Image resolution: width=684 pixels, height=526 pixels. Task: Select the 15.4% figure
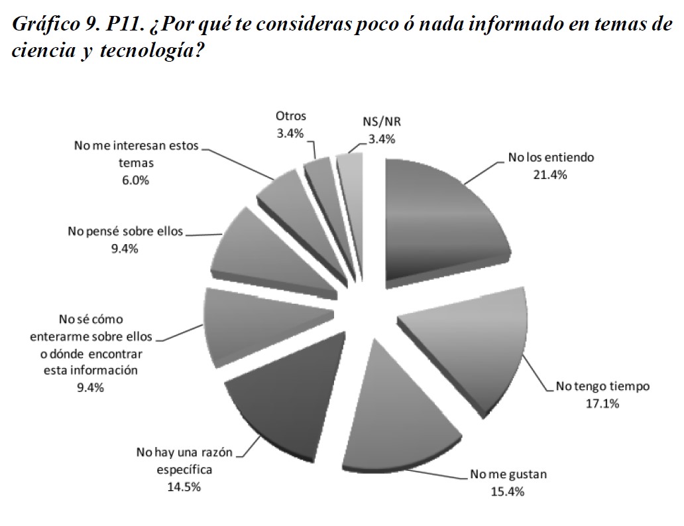(x=508, y=492)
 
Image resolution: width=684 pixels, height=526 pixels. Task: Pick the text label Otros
(x=291, y=117)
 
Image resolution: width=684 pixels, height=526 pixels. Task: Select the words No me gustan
(x=508, y=475)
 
